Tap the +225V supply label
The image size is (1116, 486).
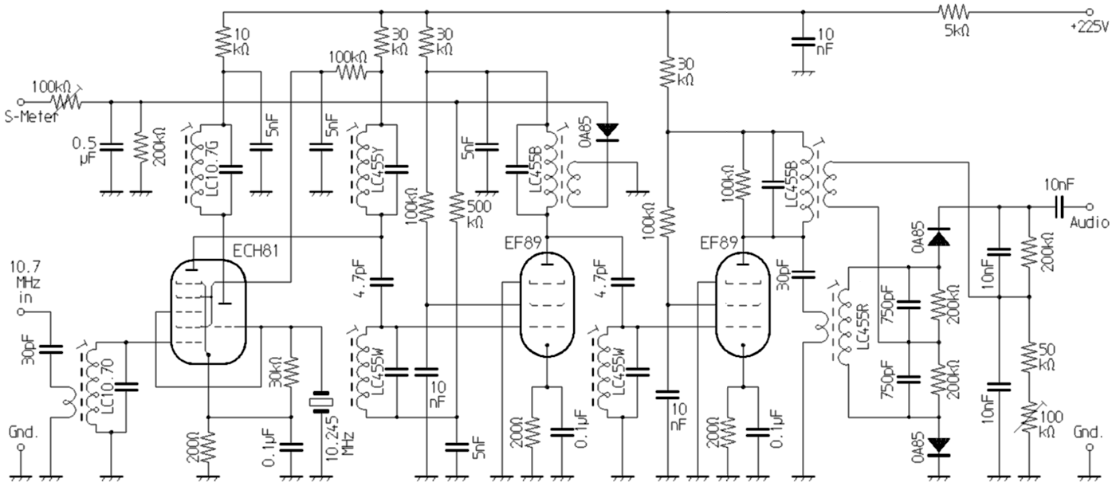click(1090, 25)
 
